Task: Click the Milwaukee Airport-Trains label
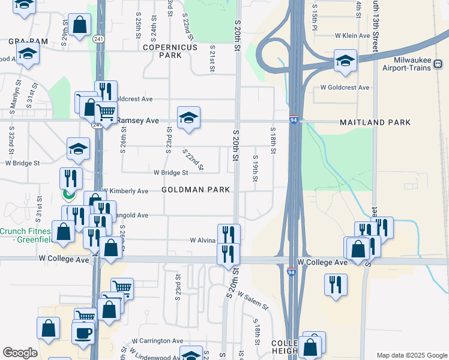(x=406, y=64)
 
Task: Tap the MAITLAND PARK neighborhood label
(x=375, y=122)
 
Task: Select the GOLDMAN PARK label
(x=196, y=190)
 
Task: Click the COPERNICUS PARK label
(x=162, y=50)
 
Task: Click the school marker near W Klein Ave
(x=345, y=61)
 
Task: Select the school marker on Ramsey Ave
(x=188, y=118)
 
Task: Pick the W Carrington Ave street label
(x=153, y=341)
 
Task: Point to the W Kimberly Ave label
(x=125, y=191)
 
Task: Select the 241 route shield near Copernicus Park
(x=98, y=39)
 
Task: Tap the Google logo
(x=20, y=353)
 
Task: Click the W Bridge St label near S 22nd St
(x=171, y=173)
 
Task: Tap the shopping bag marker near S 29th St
(x=79, y=26)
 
